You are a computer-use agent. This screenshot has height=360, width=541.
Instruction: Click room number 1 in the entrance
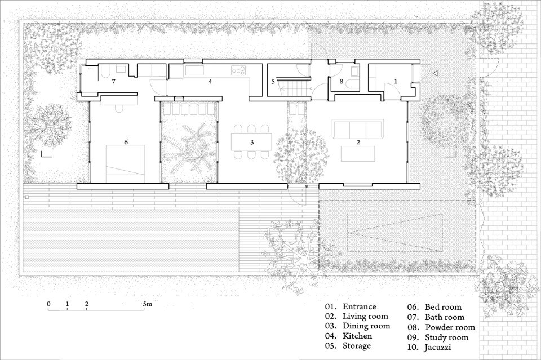(396, 81)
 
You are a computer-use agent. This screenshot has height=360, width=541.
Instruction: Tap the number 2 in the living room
(358, 142)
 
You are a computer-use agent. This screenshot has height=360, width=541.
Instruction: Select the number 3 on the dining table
(252, 142)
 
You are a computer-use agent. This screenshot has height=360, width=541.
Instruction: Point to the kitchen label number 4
(210, 82)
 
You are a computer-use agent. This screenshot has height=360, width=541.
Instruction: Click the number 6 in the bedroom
(126, 142)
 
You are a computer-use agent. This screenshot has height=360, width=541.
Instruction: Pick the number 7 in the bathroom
(113, 82)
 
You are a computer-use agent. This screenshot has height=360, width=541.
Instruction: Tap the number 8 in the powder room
(342, 82)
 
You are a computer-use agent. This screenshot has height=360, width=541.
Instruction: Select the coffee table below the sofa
(358, 154)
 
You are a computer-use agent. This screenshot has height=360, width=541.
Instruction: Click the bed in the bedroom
(125, 164)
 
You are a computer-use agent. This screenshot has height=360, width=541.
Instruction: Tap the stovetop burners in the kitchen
(238, 70)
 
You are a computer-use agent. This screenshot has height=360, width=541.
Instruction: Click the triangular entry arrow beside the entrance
(436, 73)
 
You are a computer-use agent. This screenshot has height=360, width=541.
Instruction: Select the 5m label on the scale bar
(147, 304)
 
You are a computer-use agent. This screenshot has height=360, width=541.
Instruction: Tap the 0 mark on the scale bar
(48, 304)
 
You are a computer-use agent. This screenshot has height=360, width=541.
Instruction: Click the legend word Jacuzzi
(437, 347)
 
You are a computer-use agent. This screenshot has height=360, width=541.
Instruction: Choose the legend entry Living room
(365, 316)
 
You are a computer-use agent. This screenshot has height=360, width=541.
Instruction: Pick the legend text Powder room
(450, 327)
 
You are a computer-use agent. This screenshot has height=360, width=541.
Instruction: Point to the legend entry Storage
(356, 346)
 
